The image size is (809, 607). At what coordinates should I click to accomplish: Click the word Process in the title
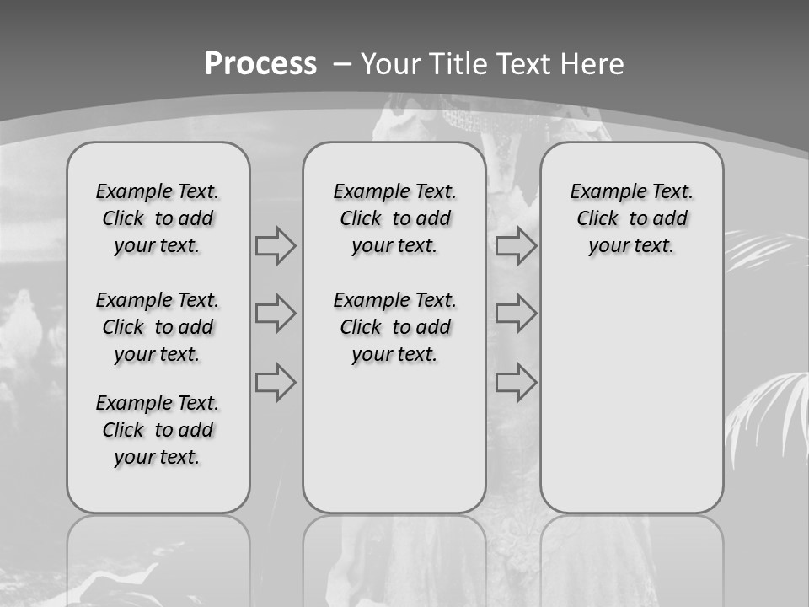pos(260,63)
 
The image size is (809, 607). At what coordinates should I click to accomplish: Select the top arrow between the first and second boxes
pos(276,246)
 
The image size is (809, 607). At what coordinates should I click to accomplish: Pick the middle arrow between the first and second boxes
pos(276,314)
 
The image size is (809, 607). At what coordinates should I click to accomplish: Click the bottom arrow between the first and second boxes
pos(276,382)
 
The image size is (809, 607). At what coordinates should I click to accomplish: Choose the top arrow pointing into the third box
pos(516,246)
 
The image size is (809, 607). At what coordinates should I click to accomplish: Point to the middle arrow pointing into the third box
pos(516,314)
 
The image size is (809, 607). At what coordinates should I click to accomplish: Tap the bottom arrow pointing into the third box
pos(516,382)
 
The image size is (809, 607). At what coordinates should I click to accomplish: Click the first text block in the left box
pos(158,218)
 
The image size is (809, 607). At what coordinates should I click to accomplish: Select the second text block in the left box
pos(158,327)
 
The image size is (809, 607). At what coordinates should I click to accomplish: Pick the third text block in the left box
pos(158,430)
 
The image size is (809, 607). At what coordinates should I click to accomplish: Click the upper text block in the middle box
pos(394,218)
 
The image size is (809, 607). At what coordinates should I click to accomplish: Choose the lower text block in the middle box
pos(394,327)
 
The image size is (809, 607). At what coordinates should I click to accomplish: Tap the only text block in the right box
pos(631,218)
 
